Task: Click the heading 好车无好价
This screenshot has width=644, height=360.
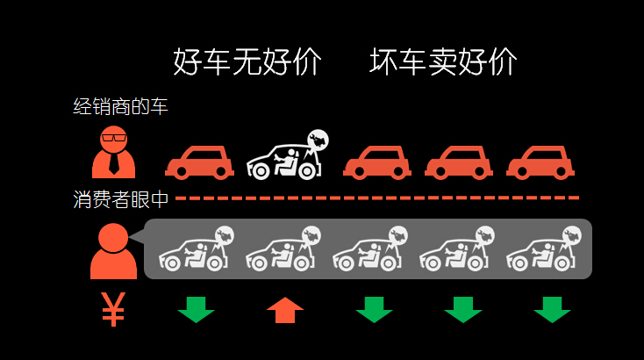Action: coord(247,62)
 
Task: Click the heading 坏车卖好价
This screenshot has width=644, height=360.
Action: coord(443,62)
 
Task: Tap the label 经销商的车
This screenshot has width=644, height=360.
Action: coord(120,107)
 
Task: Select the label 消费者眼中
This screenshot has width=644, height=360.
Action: coord(120,199)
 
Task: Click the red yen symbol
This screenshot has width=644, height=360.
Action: coord(113,308)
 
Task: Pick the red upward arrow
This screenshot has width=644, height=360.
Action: coord(285,309)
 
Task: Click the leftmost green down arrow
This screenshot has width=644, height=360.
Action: coord(196,309)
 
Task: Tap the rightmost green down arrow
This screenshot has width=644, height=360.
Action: coord(552,309)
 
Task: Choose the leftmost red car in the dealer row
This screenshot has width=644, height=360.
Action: coord(199,162)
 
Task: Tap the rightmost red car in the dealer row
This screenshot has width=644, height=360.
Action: coord(540,162)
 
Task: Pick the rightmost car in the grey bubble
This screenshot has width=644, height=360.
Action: coord(542,252)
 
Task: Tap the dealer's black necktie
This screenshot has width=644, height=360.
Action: coord(114,162)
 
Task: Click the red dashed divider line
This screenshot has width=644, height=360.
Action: coord(377,198)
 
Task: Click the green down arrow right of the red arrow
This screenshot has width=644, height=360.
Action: coord(374,309)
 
